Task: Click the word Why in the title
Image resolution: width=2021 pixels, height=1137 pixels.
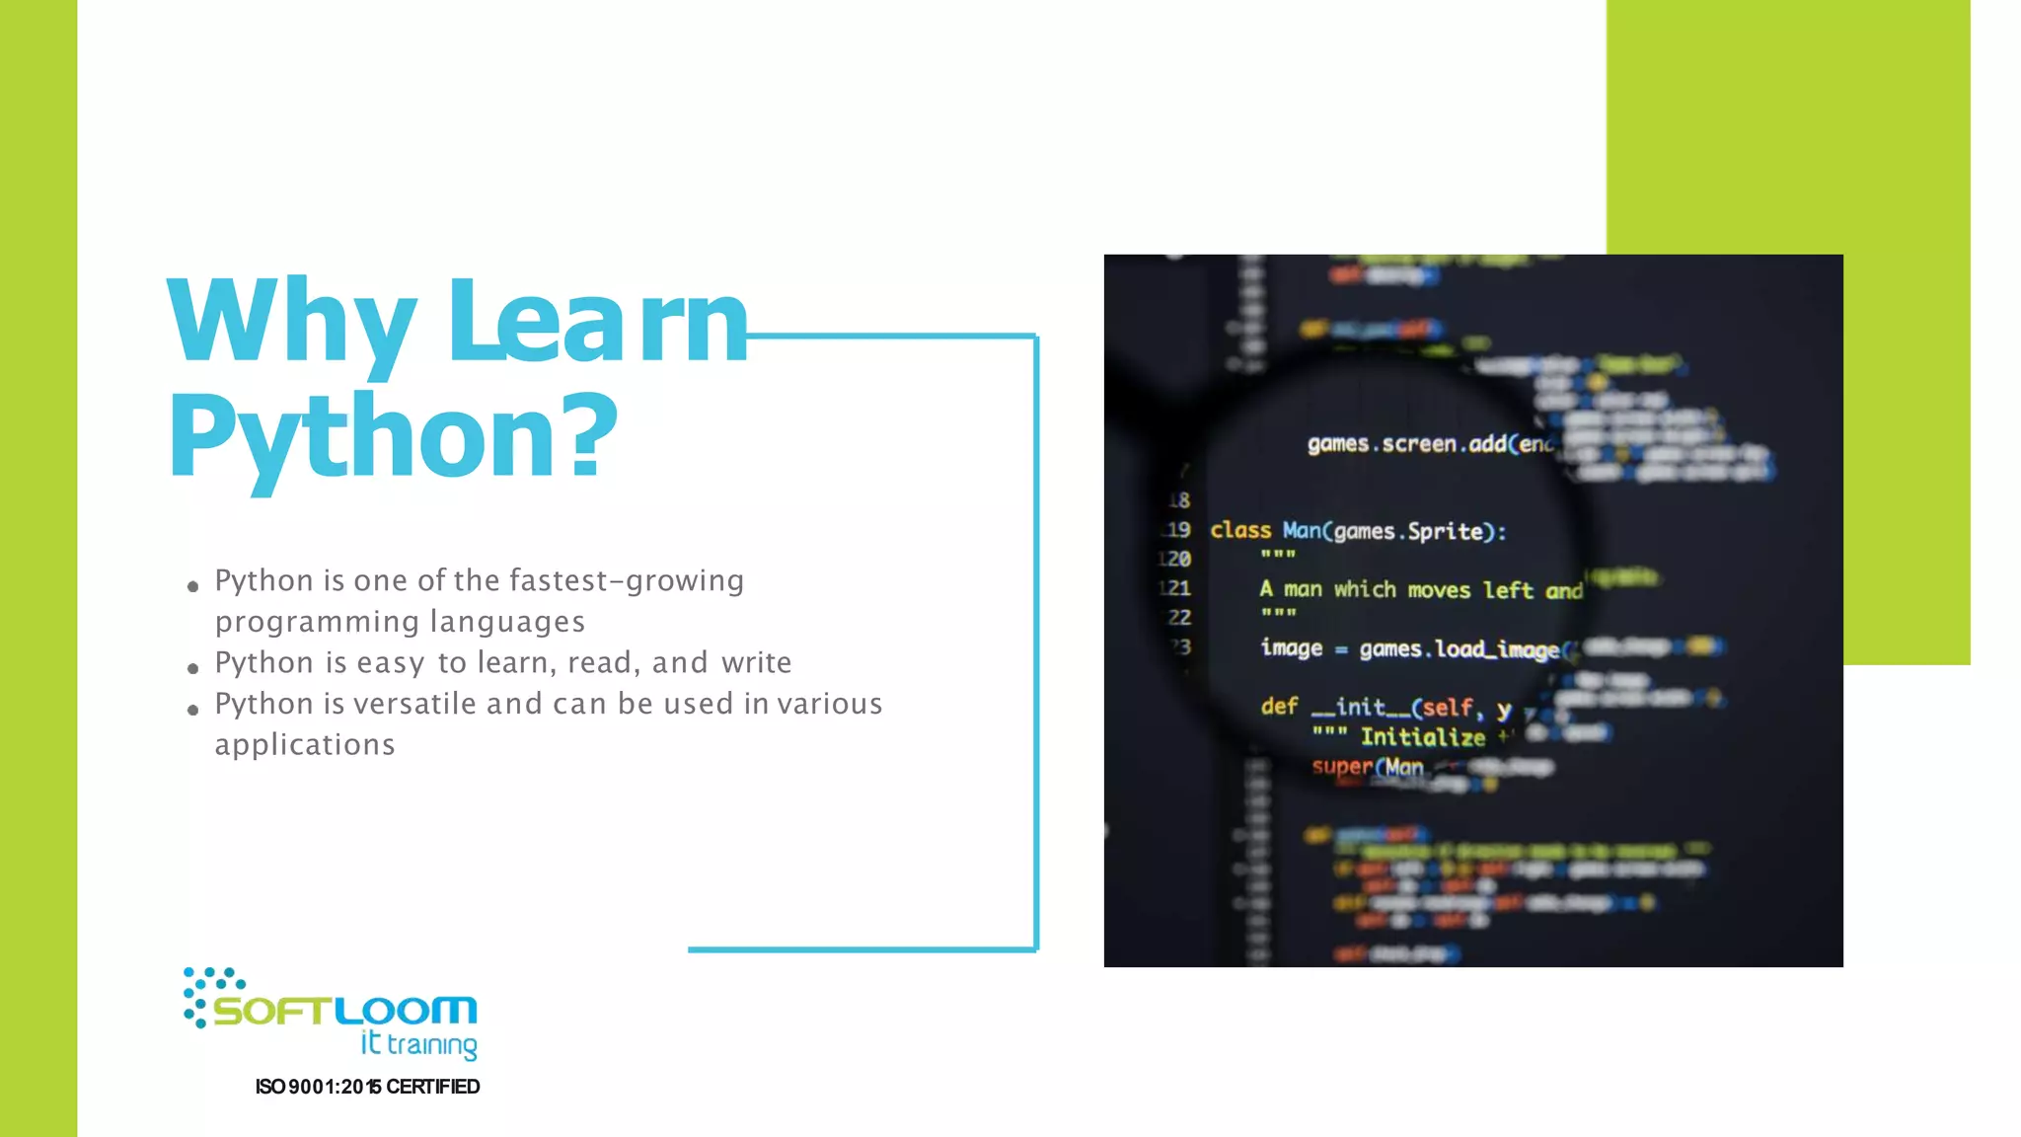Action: pos(291,321)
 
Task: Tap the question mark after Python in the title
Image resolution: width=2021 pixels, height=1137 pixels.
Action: pos(591,434)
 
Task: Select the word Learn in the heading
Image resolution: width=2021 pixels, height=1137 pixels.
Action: pos(597,321)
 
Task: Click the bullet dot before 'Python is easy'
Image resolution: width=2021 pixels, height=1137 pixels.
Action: pos(192,668)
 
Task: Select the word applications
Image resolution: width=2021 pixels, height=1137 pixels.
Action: pos(305,744)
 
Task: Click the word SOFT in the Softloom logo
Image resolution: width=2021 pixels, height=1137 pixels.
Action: pos(272,1012)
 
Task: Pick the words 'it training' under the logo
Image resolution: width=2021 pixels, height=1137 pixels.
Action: pos(418,1044)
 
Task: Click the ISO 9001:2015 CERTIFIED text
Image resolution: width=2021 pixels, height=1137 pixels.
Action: pos(367,1087)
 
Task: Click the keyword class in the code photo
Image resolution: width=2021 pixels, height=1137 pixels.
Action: pos(1240,530)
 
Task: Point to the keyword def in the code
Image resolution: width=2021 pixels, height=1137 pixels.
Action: pos(1279,706)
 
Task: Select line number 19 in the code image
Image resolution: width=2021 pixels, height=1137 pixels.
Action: pos(1177,530)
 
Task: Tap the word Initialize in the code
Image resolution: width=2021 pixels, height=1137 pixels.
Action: pos(1422,737)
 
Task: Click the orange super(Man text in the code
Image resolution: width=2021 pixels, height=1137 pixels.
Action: pos(1367,767)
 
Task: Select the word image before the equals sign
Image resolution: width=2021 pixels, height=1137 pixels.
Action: pos(1291,647)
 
